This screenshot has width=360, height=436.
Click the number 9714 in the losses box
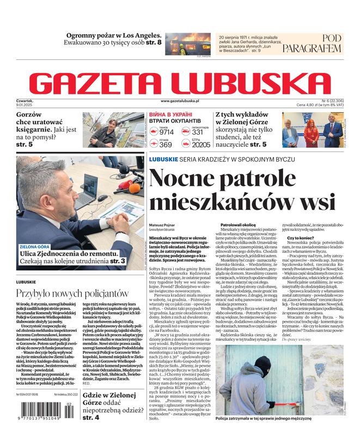coord(167,132)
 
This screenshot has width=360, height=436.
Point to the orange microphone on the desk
coord(134,189)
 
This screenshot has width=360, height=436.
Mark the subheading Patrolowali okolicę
coord(237,225)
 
